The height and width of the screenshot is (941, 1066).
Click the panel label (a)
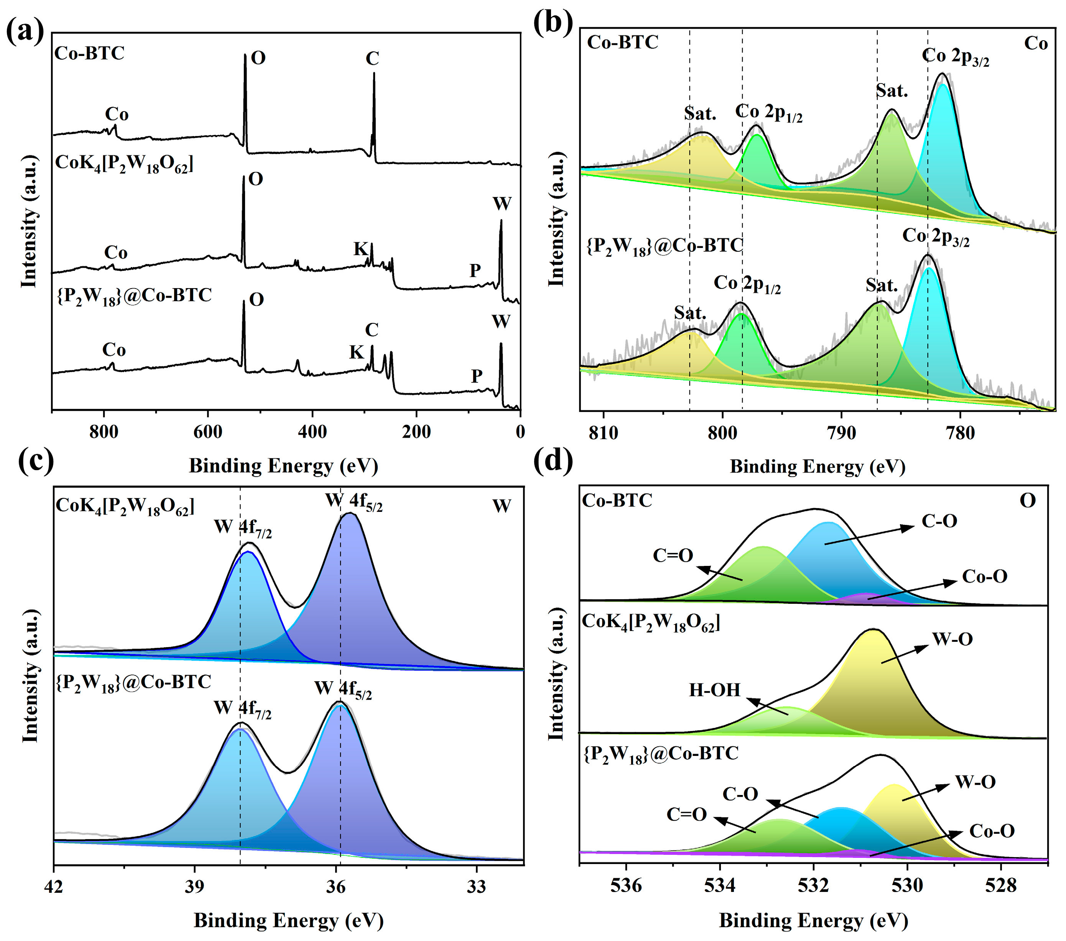tap(25, 31)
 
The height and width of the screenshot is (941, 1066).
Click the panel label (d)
tap(553, 461)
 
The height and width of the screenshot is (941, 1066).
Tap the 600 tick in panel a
tap(207, 432)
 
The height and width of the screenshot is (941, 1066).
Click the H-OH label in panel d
tap(714, 690)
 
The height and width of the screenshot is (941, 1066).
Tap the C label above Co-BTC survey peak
tap(372, 58)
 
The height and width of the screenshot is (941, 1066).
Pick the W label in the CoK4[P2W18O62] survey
tap(502, 204)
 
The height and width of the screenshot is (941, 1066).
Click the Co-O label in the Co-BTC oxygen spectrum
tap(984, 576)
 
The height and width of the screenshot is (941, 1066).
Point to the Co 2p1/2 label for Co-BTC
tap(768, 113)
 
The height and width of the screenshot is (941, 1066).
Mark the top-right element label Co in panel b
tap(1035, 43)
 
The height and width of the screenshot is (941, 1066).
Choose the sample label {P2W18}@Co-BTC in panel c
tap(133, 682)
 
